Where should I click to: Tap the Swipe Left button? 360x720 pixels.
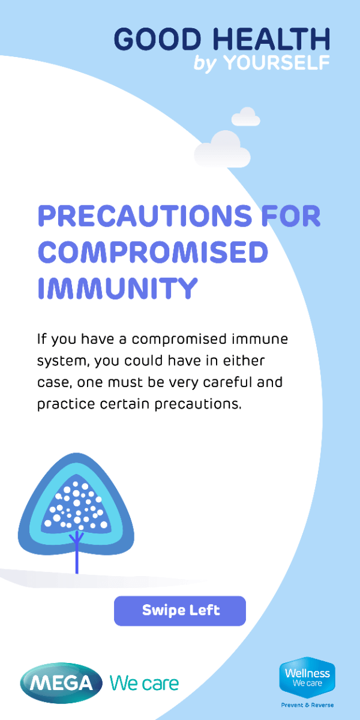coord(180,611)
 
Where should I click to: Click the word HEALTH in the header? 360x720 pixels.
coord(271,39)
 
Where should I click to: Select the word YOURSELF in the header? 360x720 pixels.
coord(277,62)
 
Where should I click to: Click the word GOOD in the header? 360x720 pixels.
coord(158,39)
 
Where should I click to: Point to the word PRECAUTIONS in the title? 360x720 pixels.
coord(145,215)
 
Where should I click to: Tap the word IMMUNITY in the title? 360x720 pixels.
coord(118,288)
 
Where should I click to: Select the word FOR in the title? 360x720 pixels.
coord(291,215)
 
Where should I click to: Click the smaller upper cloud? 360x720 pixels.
coord(246,117)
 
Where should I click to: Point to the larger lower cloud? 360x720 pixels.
coord(222,150)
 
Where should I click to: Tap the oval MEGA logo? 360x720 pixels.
coord(61,683)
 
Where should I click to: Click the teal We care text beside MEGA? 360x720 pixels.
coord(144,683)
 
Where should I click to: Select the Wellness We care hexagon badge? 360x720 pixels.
coord(307,677)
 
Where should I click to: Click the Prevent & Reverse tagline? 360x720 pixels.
coord(307,705)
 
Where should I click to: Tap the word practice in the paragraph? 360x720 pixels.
coord(66,404)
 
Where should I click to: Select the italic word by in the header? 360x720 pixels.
coord(205,64)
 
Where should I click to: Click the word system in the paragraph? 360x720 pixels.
coord(62,361)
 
